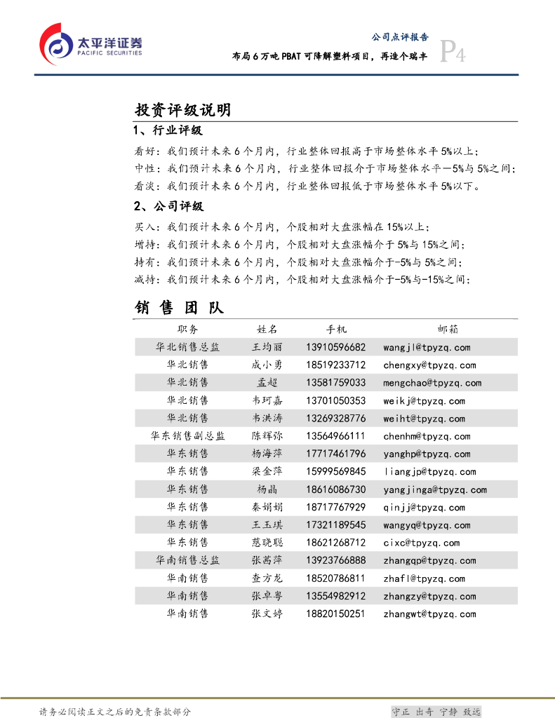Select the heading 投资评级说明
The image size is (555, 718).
(x=182, y=110)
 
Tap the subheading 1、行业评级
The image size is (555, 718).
(x=168, y=131)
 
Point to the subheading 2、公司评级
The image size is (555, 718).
(x=168, y=206)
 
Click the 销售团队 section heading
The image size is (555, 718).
(x=179, y=308)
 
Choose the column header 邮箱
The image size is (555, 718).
(x=448, y=330)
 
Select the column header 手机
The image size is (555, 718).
(x=336, y=330)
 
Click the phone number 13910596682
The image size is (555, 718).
(x=336, y=347)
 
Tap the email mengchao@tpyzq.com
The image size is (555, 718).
(x=432, y=383)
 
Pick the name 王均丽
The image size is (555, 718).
(x=267, y=347)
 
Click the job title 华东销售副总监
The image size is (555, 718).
(x=187, y=436)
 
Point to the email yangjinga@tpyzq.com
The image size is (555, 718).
(x=435, y=489)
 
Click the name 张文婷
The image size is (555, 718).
(x=267, y=614)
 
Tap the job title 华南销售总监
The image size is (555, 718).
(x=187, y=560)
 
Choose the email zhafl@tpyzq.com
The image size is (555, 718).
(x=424, y=578)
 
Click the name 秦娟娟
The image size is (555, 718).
(x=267, y=508)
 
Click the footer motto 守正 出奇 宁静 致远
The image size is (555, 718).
(x=436, y=712)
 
